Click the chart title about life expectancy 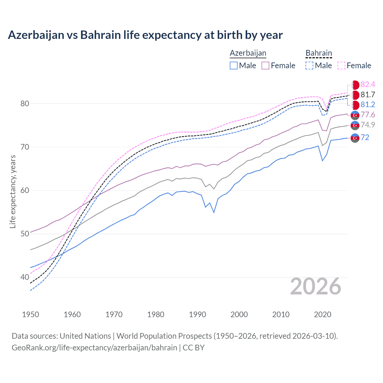point(145,35)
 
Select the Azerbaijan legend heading point(248,53)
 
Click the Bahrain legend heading point(319,53)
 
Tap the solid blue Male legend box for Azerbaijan point(234,66)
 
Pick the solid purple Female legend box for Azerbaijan point(266,66)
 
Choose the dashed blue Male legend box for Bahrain point(309,66)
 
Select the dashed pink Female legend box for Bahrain point(341,66)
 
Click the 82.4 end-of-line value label point(368,85)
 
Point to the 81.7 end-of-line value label point(368,95)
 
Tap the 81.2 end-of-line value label point(368,105)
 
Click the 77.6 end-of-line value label point(368,115)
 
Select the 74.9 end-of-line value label point(368,125)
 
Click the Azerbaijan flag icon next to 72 point(355,138)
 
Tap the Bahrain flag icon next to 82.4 point(355,85)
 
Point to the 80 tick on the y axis point(25,104)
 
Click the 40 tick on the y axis point(25,277)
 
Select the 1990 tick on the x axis point(197,314)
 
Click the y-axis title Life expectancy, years point(13,191)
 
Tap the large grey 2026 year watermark point(316,286)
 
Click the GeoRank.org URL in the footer point(94,348)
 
